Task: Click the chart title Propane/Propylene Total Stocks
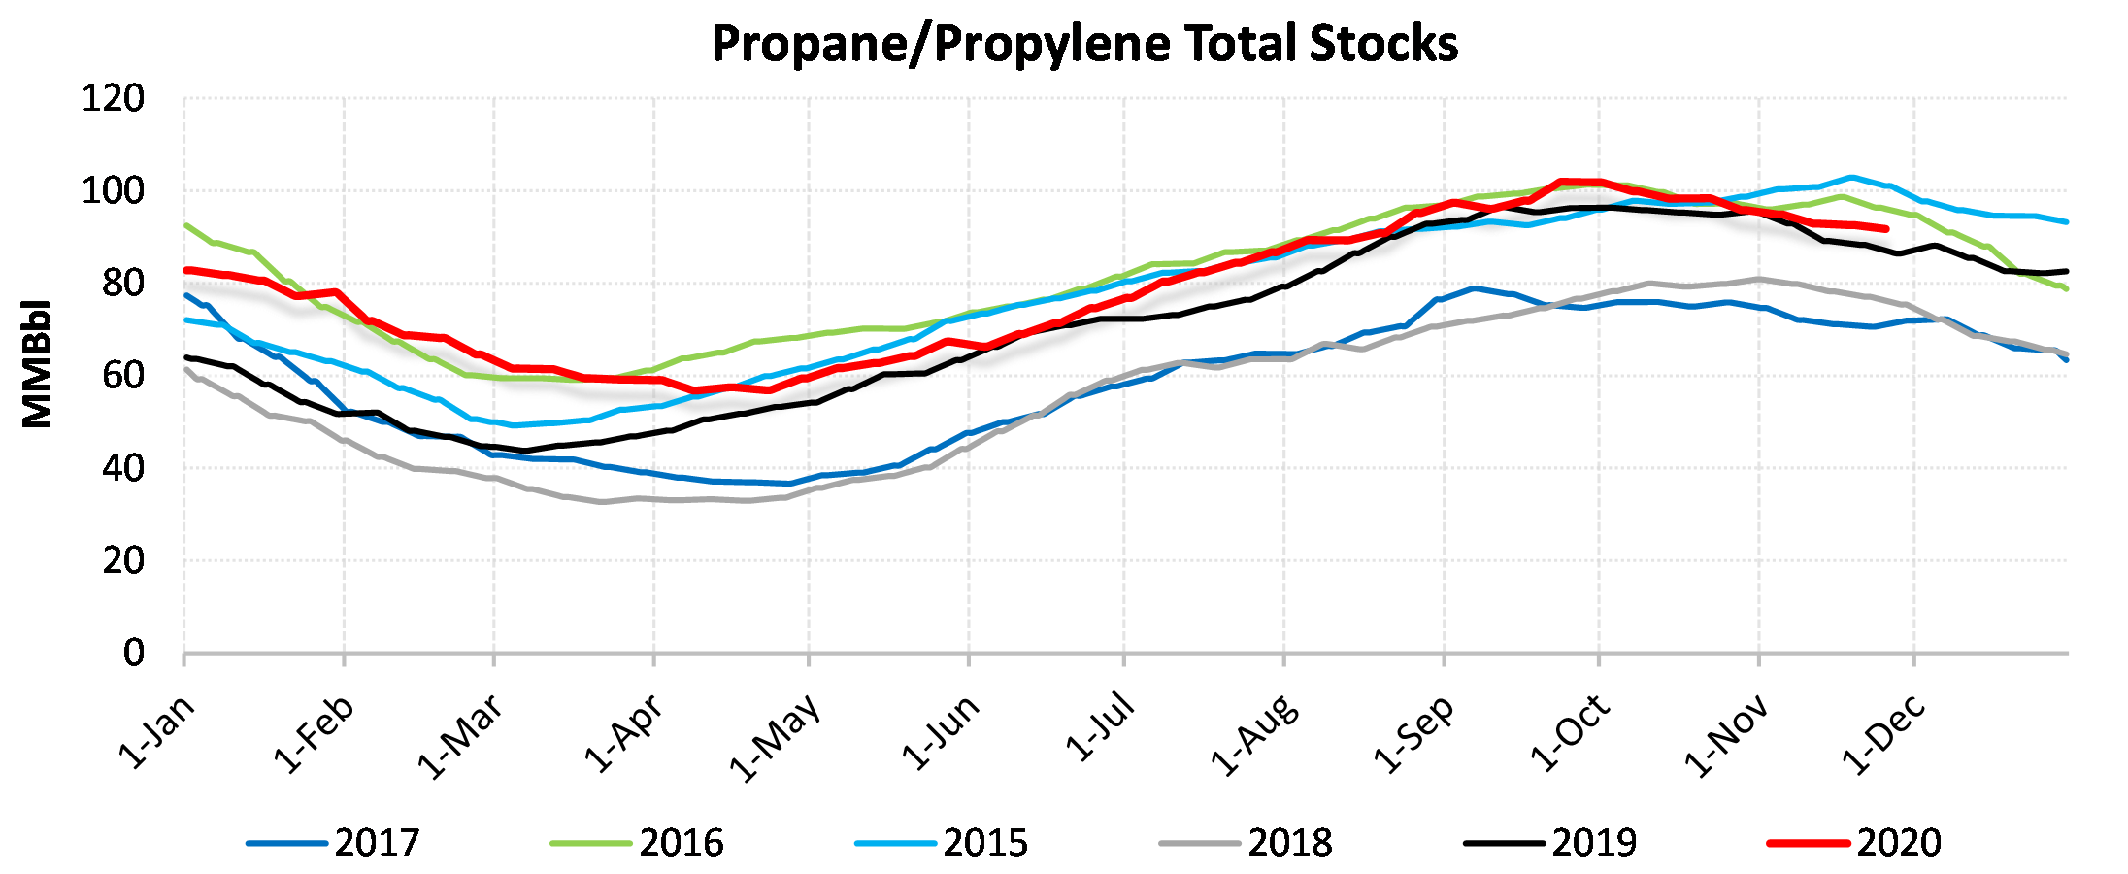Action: pyautogui.click(x=1084, y=44)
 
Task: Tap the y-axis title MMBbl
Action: pyautogui.click(x=37, y=364)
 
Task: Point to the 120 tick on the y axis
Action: pyautogui.click(x=113, y=99)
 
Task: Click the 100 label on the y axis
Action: pyautogui.click(x=113, y=191)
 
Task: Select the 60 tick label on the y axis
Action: pyautogui.click(x=123, y=376)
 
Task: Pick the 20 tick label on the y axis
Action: pyautogui.click(x=123, y=560)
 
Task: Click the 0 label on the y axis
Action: pyautogui.click(x=134, y=653)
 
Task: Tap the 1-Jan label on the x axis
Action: pyautogui.click(x=157, y=732)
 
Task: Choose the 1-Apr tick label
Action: pyautogui.click(x=624, y=734)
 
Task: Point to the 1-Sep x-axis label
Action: pyautogui.click(x=1414, y=734)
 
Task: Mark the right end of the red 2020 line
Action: pyautogui.click(x=1885, y=229)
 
